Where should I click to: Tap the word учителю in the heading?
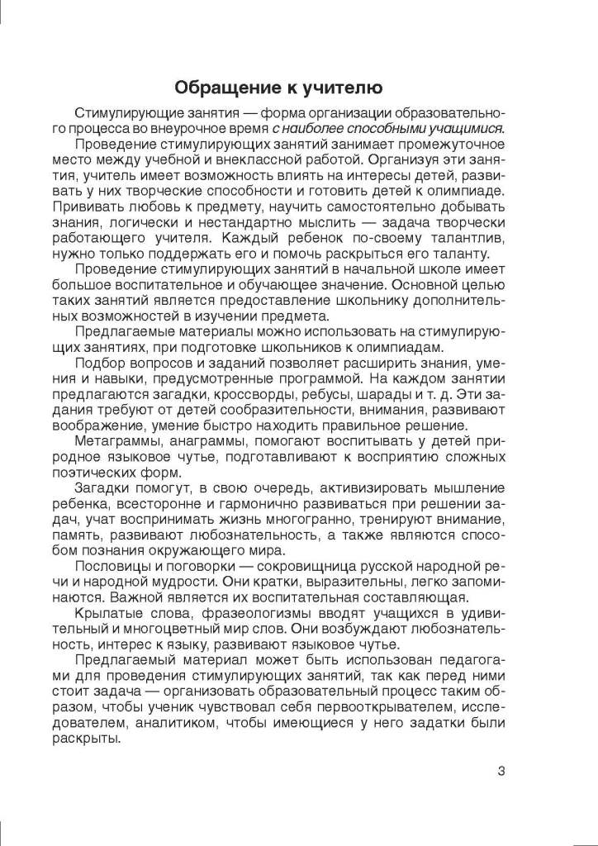345,88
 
